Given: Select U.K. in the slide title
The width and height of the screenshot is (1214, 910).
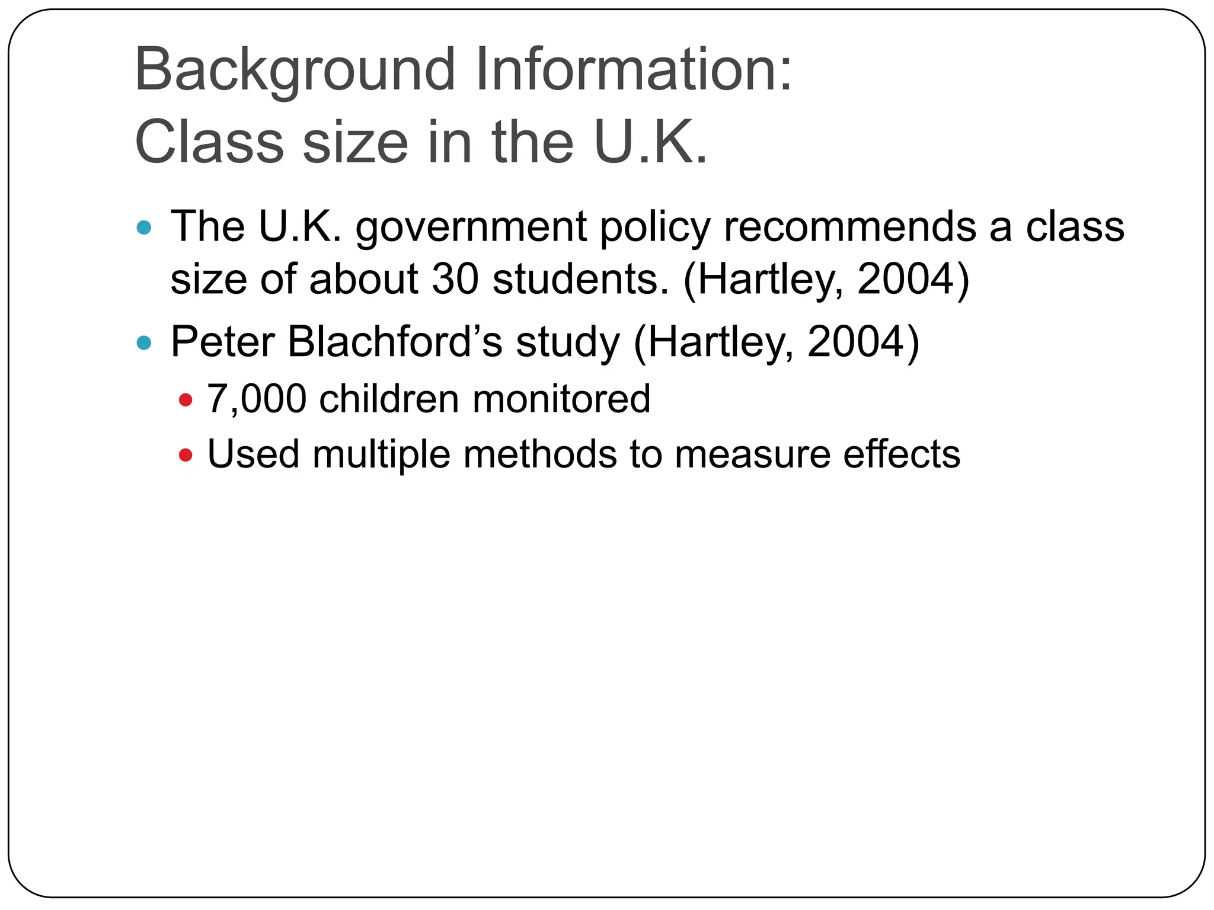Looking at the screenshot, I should pyautogui.click(x=651, y=143).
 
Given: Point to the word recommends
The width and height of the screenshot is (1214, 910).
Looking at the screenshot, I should pyautogui.click(x=849, y=227).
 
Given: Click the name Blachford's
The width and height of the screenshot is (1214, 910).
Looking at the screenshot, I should pyautogui.click(x=395, y=342).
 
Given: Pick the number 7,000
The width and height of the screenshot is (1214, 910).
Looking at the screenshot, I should pyautogui.click(x=257, y=399).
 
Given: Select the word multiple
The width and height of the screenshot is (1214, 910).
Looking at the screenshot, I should pyautogui.click(x=381, y=454).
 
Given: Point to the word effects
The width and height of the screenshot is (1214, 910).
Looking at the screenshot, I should pyautogui.click(x=901, y=454).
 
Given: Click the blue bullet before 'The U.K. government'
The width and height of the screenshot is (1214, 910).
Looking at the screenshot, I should pyautogui.click(x=144, y=227).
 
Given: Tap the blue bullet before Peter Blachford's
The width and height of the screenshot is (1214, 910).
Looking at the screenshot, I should pyautogui.click(x=144, y=342).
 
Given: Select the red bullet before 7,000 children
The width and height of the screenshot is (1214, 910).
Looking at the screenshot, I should pyautogui.click(x=186, y=400).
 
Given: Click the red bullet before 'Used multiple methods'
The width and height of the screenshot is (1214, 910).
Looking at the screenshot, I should pyautogui.click(x=186, y=456).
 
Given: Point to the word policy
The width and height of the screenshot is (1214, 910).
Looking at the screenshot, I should pyautogui.click(x=654, y=227).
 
